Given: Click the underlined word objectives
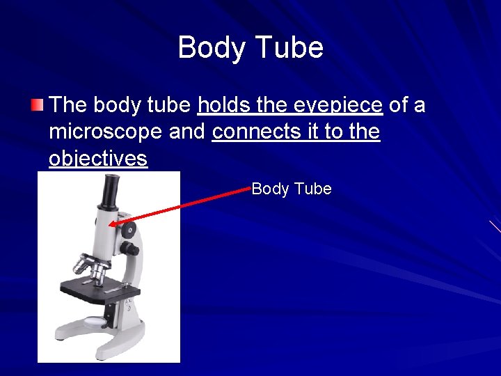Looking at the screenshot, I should (98, 159).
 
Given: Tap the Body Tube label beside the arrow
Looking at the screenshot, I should (292, 189).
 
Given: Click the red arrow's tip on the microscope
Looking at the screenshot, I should (111, 225).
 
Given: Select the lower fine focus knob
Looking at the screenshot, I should (129, 249).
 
